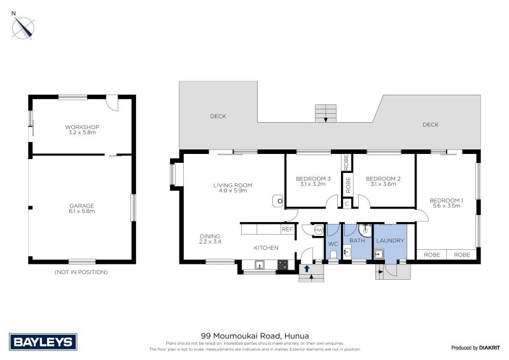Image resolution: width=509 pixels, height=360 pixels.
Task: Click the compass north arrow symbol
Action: coord(25,27)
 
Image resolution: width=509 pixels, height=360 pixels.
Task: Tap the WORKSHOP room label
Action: coord(82,130)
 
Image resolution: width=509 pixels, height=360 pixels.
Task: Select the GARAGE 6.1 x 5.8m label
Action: coord(82,208)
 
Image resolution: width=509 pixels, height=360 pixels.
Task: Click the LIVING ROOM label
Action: coord(232,188)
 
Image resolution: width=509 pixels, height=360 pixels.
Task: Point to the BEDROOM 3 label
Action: coord(313,181)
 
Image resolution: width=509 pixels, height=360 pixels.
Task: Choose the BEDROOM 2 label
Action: coord(383,181)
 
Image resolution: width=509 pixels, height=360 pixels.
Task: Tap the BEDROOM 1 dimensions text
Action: coord(446,206)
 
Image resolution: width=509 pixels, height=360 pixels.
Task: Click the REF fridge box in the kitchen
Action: coord(287,229)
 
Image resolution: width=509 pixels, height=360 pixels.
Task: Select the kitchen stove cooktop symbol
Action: coord(283,264)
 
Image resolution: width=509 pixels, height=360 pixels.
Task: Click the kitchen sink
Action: coord(260,264)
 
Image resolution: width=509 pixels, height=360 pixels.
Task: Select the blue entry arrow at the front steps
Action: coord(307,268)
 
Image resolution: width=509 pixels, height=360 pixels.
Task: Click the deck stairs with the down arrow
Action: coord(326,114)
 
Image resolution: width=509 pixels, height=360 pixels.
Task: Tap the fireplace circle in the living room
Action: coord(277,200)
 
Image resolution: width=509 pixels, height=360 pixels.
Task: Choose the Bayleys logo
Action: coord(43,342)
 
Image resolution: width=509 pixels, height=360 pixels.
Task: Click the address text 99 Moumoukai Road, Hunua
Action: coord(254,335)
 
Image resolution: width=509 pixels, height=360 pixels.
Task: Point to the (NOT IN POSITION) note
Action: coord(81,272)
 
